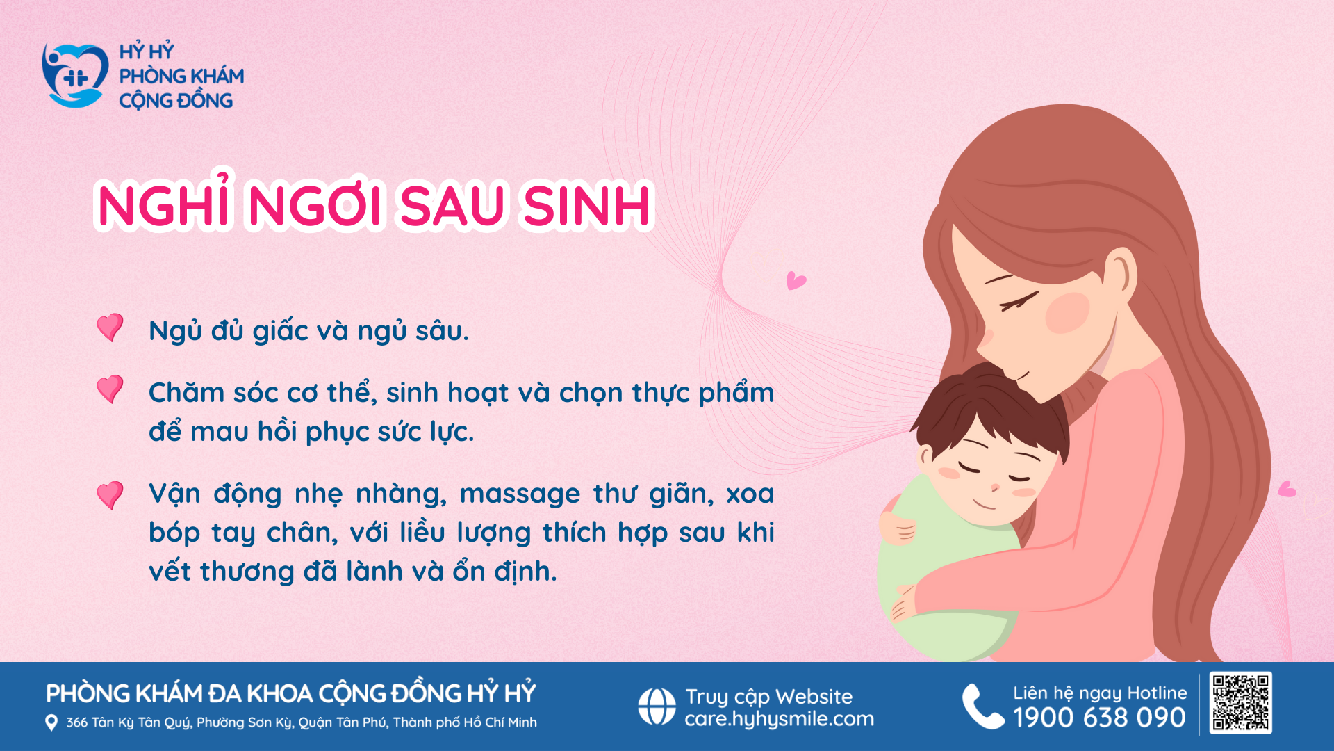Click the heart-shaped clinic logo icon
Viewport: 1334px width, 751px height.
tap(75, 76)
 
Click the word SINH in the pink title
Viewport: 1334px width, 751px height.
tap(587, 205)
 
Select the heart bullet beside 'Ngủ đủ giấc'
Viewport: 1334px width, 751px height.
tap(110, 328)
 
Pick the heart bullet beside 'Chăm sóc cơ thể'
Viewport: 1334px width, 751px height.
tap(110, 389)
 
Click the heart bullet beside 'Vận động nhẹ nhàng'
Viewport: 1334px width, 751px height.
tap(110, 495)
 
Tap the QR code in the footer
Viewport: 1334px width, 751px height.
tap(1240, 702)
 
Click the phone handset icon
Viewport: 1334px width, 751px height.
tap(982, 706)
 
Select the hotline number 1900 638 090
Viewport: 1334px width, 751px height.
tap(1099, 718)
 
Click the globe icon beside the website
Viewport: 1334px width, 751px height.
tap(657, 706)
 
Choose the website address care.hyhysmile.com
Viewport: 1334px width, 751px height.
tap(780, 719)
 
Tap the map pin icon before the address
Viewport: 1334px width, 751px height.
tap(51, 722)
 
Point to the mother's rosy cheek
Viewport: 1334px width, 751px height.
tap(1068, 312)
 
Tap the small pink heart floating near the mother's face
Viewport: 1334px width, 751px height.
tap(796, 281)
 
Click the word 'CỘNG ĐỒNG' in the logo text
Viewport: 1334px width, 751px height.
tap(176, 100)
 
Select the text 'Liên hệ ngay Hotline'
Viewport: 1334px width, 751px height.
tap(1100, 693)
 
